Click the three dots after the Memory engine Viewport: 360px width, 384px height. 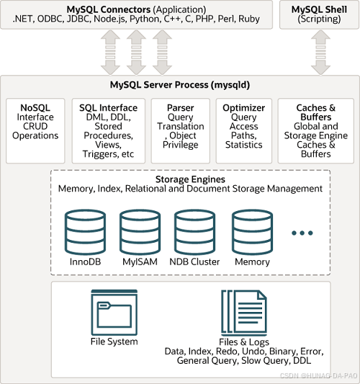coord(302,233)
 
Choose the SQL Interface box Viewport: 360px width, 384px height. coord(108,130)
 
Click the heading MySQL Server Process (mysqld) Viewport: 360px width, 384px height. coord(180,85)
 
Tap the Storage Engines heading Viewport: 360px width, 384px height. coord(190,179)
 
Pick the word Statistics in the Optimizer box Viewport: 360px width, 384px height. coord(243,145)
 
